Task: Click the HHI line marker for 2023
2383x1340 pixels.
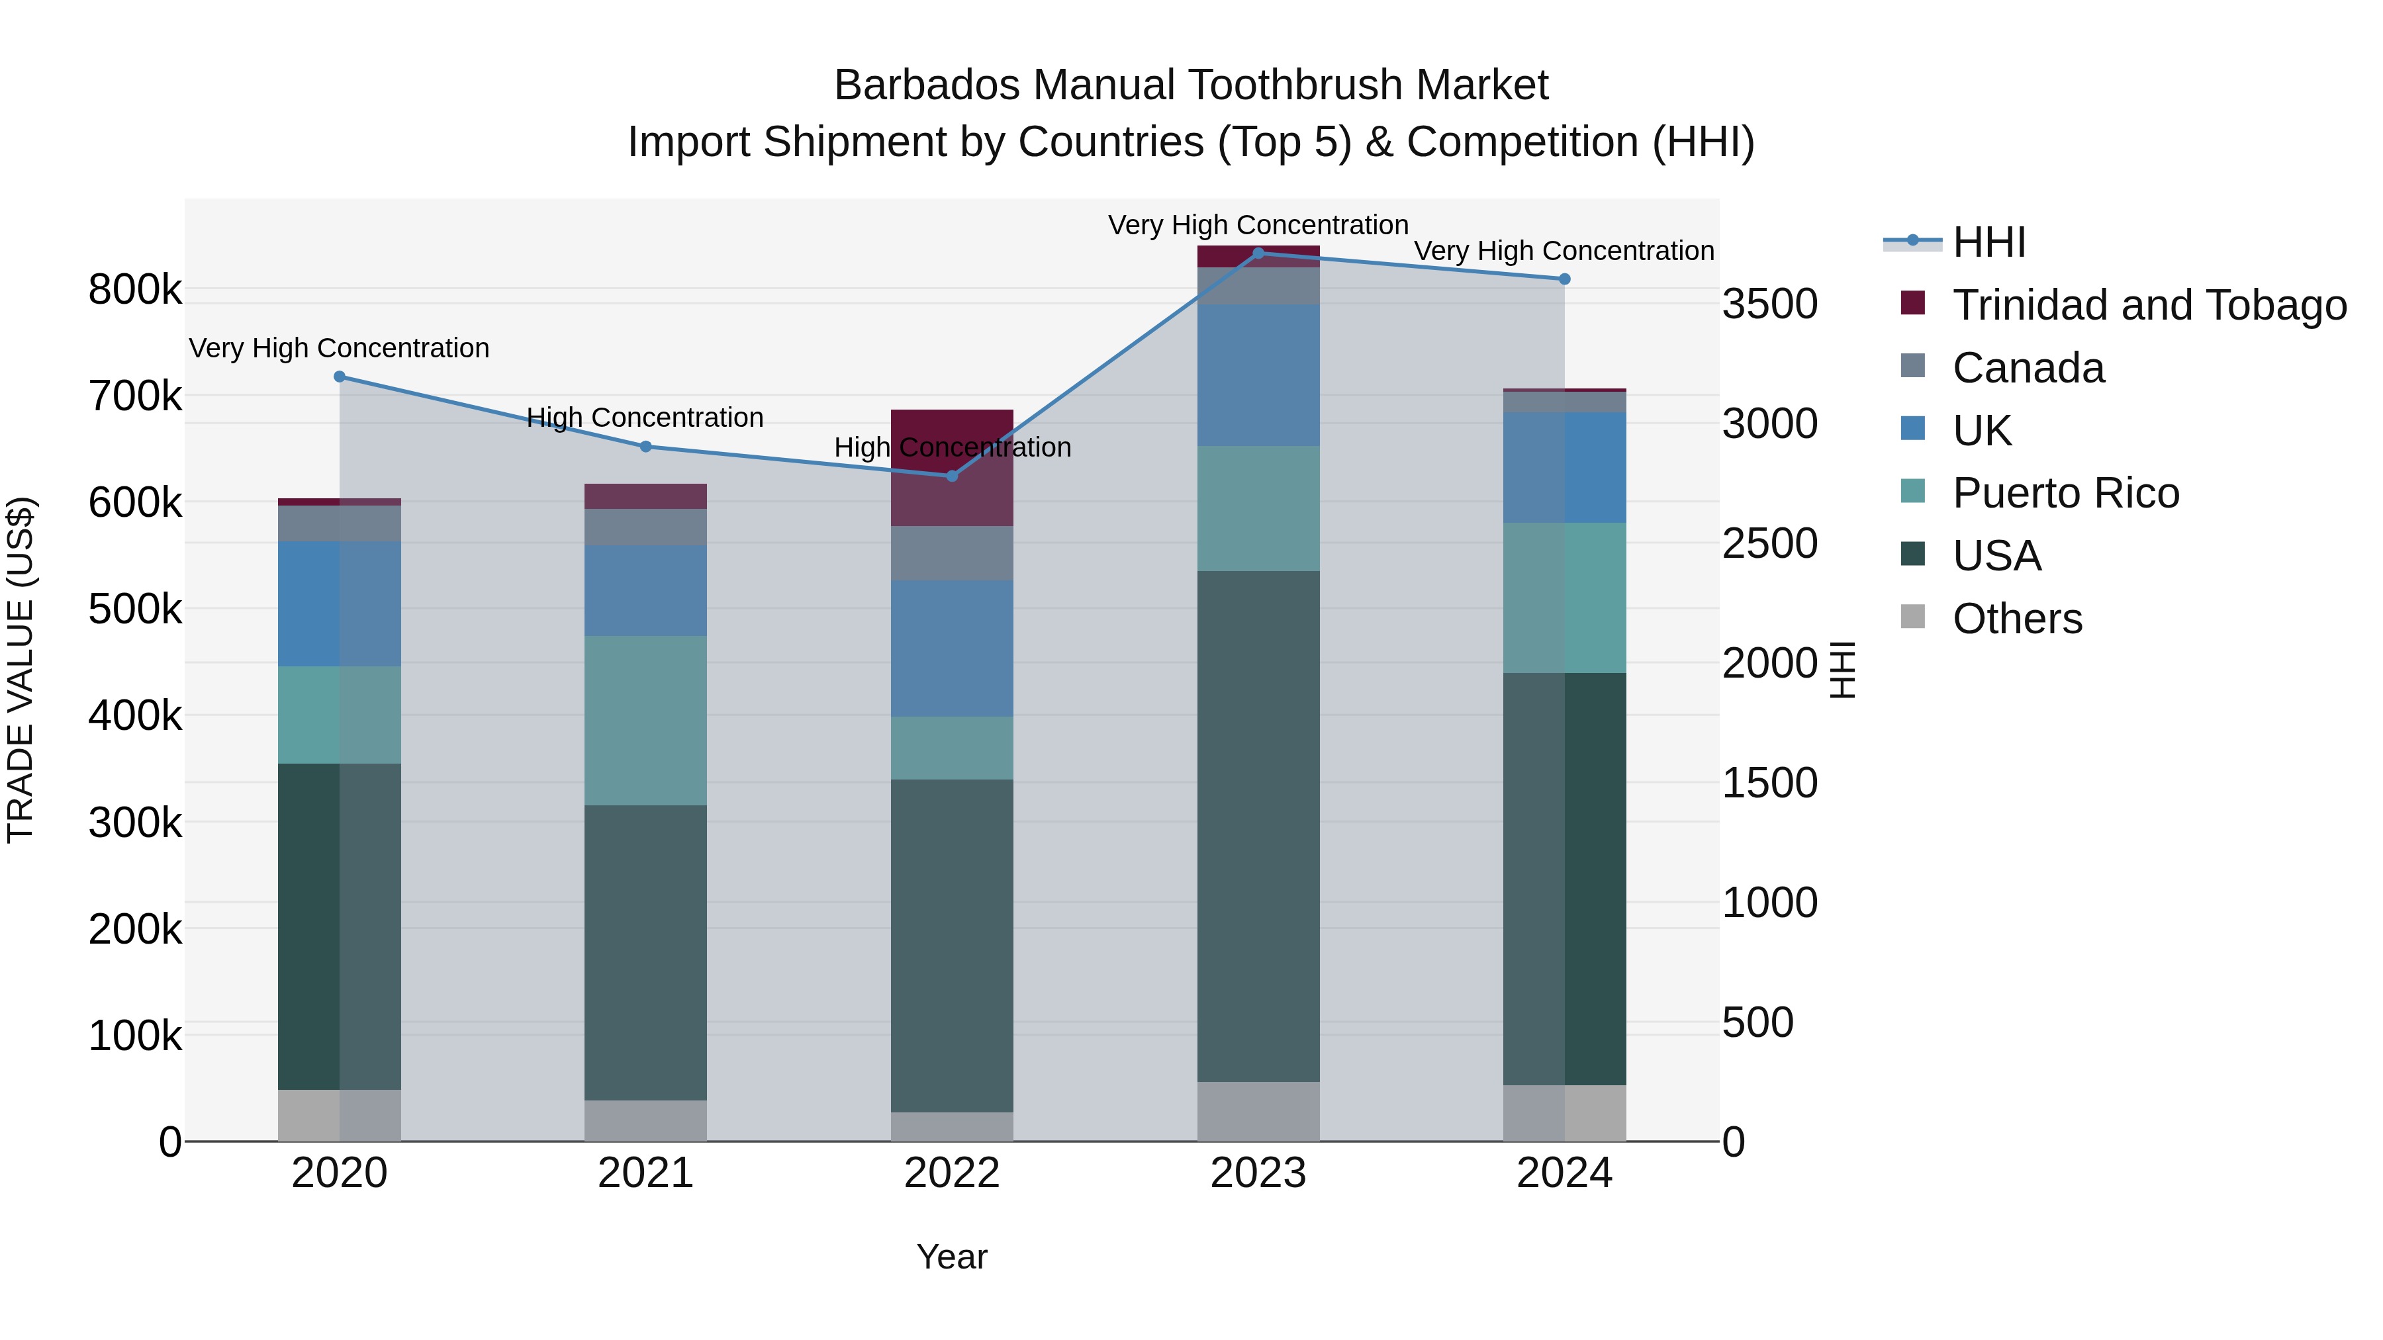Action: click(x=1258, y=253)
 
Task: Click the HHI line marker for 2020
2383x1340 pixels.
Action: click(x=340, y=377)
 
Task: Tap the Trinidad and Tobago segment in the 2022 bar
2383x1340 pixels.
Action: click(x=952, y=467)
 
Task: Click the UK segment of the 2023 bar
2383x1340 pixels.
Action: click(x=1258, y=375)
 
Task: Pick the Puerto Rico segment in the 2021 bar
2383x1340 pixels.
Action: click(x=645, y=721)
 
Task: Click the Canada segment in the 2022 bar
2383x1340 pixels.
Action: click(x=952, y=553)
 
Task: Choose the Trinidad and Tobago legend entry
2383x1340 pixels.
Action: click(x=2148, y=305)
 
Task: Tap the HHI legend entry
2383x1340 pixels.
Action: click(x=1989, y=242)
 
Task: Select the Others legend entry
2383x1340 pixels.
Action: click(x=2017, y=619)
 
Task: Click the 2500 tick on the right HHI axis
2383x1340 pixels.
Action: click(x=1769, y=544)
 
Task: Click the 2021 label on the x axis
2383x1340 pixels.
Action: click(x=645, y=1173)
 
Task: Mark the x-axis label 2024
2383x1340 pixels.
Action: click(x=1564, y=1173)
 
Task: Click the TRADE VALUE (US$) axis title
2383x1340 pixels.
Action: click(x=21, y=670)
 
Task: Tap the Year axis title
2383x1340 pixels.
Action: click(x=952, y=1257)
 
